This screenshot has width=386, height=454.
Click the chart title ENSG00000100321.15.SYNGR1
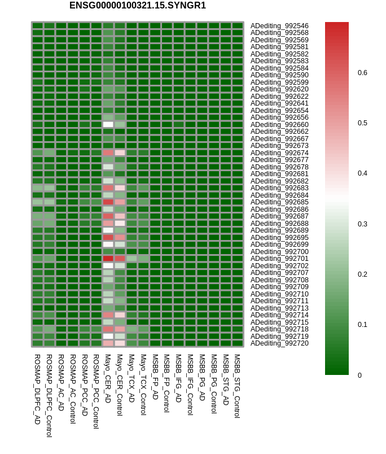[138, 6]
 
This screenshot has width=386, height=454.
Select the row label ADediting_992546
[279, 26]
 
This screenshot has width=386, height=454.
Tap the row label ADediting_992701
[279, 259]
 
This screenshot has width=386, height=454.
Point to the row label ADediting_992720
[279, 343]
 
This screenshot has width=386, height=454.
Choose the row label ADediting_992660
[279, 124]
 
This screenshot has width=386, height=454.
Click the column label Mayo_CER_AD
[108, 378]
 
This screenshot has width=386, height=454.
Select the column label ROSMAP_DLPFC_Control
[49, 395]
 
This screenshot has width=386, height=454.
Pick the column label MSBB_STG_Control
[237, 386]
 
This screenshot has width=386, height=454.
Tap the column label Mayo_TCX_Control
[143, 385]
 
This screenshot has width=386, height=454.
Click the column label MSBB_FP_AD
[155, 377]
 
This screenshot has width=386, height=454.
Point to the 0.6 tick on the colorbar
[362, 73]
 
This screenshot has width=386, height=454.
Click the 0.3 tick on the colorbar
[362, 224]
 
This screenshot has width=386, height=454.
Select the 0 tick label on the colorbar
[359, 376]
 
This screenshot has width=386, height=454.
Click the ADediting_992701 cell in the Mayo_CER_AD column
[108, 259]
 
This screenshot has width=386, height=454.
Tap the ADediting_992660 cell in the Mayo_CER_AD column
[108, 124]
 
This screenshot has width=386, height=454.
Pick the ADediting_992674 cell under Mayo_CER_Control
[120, 152]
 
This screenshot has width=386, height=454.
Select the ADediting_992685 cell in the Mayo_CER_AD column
[108, 202]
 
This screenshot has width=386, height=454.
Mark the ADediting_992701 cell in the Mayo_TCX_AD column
[131, 259]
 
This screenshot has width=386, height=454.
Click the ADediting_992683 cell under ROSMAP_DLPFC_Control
[50, 188]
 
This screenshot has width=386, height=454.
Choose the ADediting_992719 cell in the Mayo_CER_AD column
[108, 336]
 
